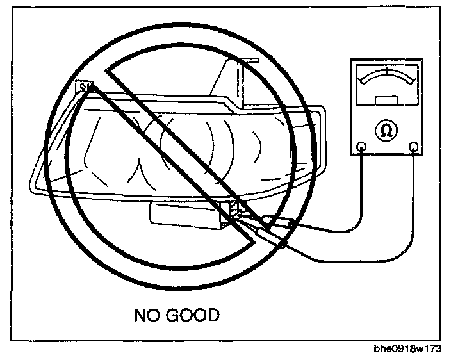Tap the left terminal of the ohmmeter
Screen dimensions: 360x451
[362, 147]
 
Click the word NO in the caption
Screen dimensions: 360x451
[147, 315]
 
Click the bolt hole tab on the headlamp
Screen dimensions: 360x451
[83, 86]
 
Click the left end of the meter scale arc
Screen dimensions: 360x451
[361, 83]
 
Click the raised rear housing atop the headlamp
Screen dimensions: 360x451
[234, 80]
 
